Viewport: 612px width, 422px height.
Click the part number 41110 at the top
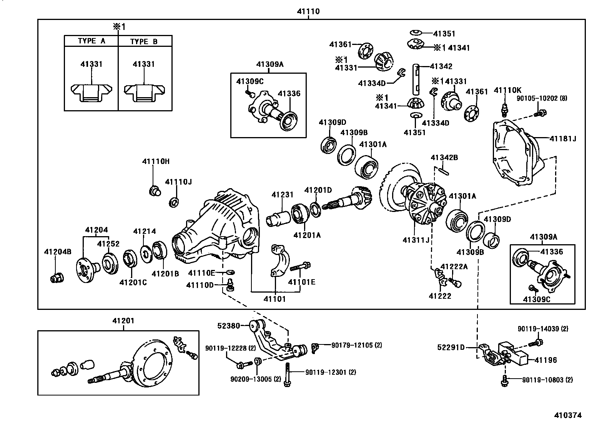coord(308,11)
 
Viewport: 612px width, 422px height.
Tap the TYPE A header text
coord(91,41)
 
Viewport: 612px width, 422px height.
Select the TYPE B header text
coord(144,41)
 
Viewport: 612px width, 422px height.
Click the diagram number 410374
coord(568,415)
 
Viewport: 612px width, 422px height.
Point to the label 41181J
coord(563,139)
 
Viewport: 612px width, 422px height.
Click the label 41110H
coord(156,161)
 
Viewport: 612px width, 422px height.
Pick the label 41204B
coord(58,252)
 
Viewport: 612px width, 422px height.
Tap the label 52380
coord(229,326)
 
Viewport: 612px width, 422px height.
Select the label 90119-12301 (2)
coord(331,372)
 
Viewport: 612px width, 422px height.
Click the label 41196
coord(545,360)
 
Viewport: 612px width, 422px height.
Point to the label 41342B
coord(444,157)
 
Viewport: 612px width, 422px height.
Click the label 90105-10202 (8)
coord(542,98)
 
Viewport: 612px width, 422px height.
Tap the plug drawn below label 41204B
coord(57,278)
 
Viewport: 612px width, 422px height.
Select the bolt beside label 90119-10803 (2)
coord(505,381)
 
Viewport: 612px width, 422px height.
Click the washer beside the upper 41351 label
coord(416,33)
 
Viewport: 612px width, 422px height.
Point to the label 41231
coord(283,195)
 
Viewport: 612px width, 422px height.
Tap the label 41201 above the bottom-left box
coord(123,321)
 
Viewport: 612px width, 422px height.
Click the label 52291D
coord(451,347)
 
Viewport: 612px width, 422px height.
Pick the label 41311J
coord(416,240)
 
